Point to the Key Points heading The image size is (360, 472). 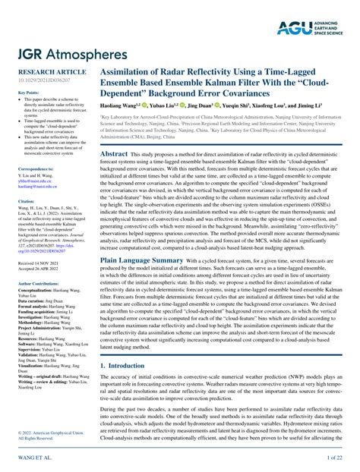point(27,93)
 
